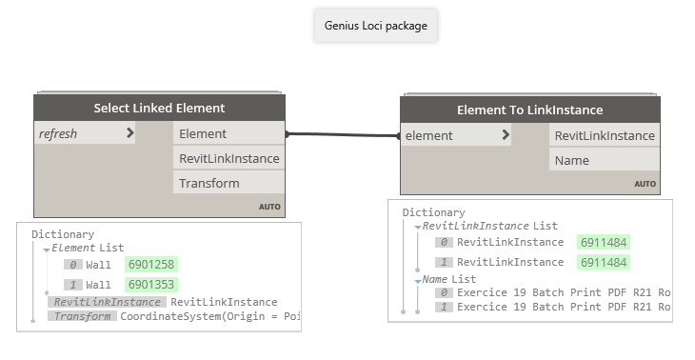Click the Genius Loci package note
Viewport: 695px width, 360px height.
376,25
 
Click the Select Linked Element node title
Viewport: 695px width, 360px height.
159,108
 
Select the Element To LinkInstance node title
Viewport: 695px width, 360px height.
529,110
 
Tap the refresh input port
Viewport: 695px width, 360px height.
85,133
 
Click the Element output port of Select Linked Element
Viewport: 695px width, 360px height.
228,133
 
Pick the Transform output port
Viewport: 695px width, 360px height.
228,183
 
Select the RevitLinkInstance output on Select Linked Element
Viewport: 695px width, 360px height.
228,158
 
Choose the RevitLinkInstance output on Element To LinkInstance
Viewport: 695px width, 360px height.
604,135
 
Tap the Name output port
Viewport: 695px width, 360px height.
604,160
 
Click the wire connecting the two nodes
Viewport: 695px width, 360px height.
343,134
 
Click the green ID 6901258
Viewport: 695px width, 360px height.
150,264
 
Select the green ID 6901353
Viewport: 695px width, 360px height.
150,284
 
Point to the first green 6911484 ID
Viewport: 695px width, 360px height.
603,242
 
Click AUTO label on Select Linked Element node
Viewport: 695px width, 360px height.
268,207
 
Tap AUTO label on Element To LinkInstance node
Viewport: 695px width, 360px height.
645,184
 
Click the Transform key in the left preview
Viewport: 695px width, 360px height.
82,315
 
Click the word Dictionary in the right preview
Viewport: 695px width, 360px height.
433,212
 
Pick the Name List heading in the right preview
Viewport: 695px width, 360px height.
449,278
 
